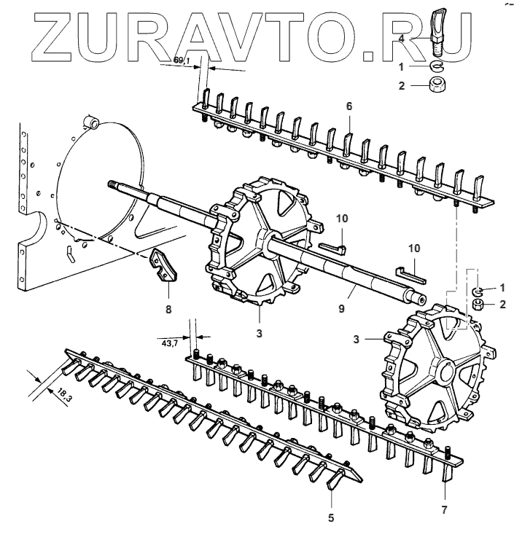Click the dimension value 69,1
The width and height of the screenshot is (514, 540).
[x=182, y=60]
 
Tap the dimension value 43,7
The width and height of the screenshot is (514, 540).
[x=169, y=343]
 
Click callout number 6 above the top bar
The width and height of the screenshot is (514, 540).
[x=349, y=106]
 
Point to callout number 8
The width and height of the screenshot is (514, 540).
[x=168, y=310]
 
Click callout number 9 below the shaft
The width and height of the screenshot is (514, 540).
[x=341, y=308]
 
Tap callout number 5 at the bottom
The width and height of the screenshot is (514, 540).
[x=331, y=517]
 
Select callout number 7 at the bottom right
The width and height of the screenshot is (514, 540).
[x=445, y=510]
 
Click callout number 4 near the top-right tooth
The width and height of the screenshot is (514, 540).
[x=402, y=38]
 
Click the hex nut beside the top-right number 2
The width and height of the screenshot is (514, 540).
[x=437, y=85]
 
